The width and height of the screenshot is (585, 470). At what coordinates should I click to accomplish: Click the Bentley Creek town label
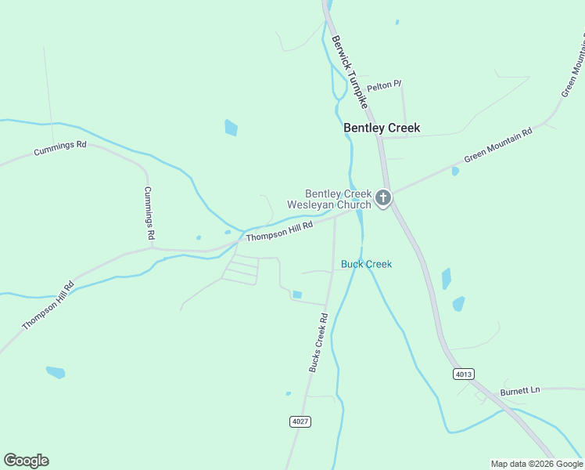(x=382, y=128)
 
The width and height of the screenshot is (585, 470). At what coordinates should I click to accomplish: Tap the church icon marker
(x=383, y=198)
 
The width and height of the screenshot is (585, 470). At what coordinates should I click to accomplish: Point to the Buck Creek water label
(x=366, y=264)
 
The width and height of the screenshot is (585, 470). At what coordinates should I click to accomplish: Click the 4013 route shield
(x=463, y=374)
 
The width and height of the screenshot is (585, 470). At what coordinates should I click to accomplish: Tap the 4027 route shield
(x=300, y=421)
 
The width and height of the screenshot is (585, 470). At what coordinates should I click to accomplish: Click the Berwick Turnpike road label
(x=350, y=70)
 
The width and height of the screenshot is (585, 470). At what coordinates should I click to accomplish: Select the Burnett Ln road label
(x=521, y=390)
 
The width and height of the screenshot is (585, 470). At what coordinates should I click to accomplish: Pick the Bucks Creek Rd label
(x=318, y=342)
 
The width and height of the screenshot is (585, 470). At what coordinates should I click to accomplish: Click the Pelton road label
(x=384, y=84)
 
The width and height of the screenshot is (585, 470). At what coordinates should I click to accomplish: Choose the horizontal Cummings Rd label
(x=59, y=148)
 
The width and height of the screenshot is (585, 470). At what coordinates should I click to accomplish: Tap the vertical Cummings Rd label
(x=149, y=213)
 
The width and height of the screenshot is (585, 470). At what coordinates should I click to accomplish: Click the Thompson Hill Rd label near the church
(x=279, y=231)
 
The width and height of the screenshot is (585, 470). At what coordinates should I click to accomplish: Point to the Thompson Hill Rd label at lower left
(x=48, y=305)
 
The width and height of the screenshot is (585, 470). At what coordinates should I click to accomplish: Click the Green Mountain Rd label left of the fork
(x=498, y=145)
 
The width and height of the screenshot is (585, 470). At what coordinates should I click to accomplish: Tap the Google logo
(x=26, y=461)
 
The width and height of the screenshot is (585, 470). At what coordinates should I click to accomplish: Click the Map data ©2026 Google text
(x=537, y=464)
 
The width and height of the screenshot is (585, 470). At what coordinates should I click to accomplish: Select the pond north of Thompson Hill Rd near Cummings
(x=231, y=127)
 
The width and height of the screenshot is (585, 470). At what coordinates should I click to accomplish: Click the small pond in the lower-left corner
(x=56, y=372)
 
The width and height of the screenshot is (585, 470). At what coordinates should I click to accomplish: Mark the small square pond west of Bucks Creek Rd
(x=297, y=295)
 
